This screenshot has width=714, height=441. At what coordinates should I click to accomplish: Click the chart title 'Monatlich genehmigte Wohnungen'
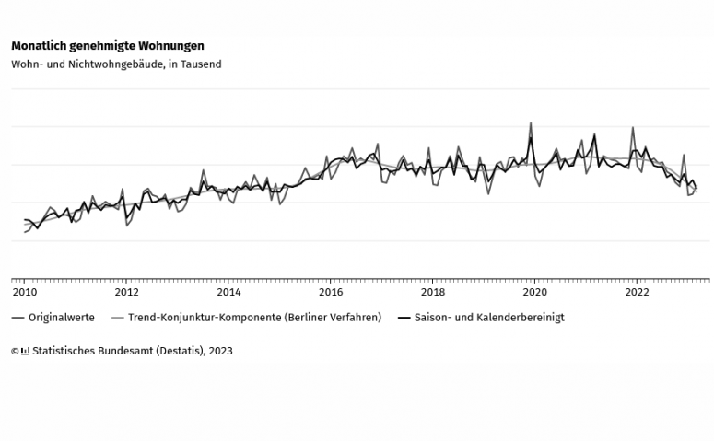108,45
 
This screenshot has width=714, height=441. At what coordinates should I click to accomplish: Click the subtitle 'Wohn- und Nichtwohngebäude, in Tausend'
116,64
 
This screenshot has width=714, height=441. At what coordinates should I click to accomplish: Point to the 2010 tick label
24,293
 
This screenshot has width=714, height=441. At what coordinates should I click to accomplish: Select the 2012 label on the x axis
126,293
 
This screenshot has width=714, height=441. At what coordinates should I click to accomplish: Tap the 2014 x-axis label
228,293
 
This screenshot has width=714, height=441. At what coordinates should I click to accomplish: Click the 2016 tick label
331,293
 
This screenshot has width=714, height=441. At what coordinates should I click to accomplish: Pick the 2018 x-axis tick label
433,293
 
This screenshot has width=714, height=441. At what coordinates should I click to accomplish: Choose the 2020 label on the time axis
535,293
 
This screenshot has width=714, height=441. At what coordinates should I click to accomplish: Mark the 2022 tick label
638,293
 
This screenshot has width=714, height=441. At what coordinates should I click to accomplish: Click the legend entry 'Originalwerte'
61,318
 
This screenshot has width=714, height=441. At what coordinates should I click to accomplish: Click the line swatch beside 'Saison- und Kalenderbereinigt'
403,318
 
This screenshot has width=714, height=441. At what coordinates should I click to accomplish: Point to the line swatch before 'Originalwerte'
18,318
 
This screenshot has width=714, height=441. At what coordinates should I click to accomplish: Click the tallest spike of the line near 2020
531,123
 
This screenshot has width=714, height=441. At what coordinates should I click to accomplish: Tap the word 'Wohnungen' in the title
174,45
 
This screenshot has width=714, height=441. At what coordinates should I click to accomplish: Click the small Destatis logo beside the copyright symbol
25,351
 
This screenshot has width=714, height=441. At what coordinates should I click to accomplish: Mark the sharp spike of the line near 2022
633,128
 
